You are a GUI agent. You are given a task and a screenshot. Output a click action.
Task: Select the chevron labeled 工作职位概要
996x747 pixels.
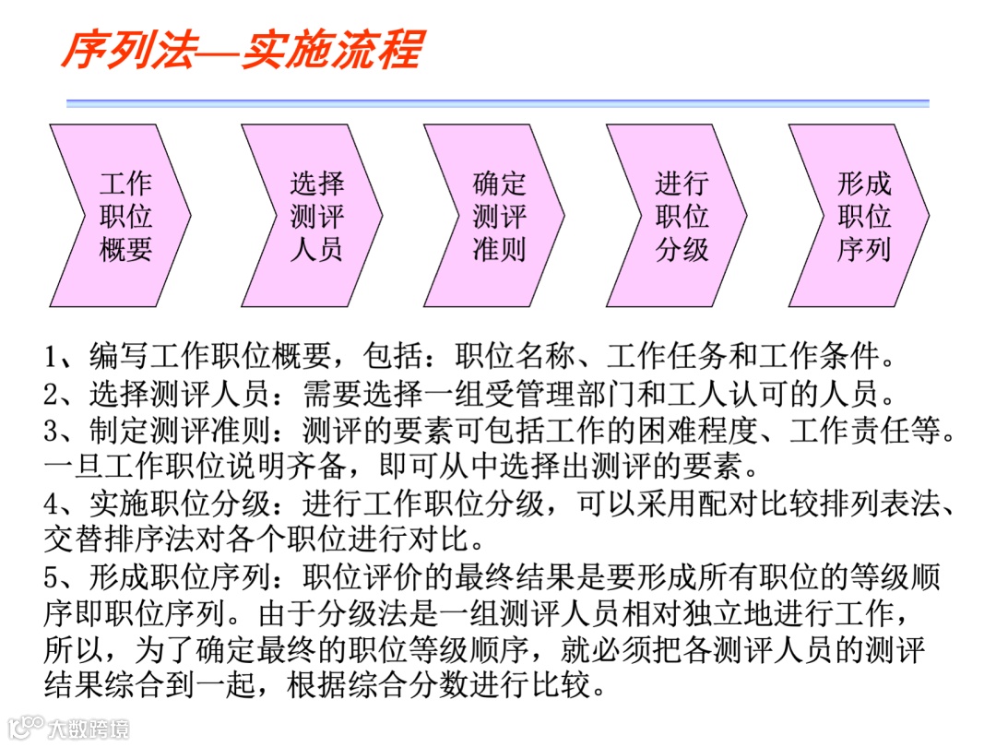tap(125, 216)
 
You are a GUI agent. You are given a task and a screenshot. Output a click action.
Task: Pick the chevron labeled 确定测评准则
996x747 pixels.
tap(498, 216)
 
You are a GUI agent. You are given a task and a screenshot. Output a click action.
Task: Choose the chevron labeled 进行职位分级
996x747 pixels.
tap(681, 216)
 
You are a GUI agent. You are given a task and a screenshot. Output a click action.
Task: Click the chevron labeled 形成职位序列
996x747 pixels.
tap(863, 216)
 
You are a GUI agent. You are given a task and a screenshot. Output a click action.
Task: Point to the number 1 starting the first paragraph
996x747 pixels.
tap(52, 356)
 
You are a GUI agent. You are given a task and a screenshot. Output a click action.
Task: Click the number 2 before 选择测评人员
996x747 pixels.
tap(53, 394)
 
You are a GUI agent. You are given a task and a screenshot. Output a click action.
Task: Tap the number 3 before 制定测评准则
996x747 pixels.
tap(53, 430)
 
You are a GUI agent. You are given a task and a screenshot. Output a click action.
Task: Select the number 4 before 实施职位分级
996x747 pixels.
tap(53, 503)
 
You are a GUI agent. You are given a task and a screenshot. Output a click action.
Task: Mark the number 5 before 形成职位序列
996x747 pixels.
tap(53, 577)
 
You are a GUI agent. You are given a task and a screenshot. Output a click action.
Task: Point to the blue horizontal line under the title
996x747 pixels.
tap(498, 103)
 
